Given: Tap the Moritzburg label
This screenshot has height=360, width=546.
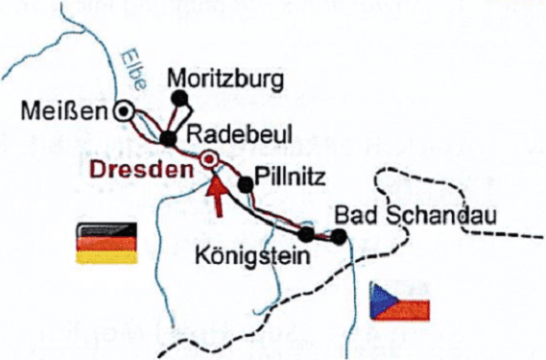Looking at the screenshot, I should [x=224, y=78].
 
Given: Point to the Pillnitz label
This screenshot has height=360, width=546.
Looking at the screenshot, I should [x=295, y=176].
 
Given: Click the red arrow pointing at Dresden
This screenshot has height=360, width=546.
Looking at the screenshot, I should [x=219, y=194].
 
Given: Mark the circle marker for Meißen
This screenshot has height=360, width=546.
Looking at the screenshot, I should [x=123, y=111].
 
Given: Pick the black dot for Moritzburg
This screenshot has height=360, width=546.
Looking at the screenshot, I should [x=178, y=97].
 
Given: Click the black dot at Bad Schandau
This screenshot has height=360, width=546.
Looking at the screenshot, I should [x=339, y=236].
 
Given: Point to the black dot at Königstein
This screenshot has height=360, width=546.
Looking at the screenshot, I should [x=305, y=232].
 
